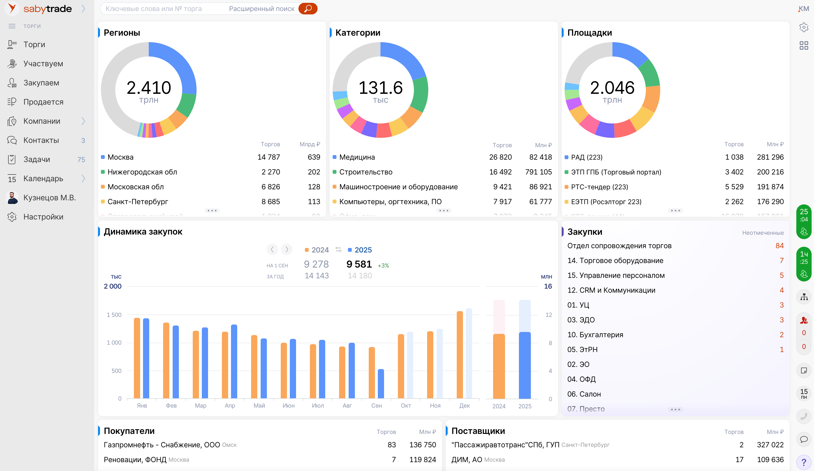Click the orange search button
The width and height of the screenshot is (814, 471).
[x=308, y=9]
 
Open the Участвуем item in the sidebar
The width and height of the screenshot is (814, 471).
[x=43, y=64]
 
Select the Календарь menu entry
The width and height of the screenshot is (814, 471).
[x=43, y=179]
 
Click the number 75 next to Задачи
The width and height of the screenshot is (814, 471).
[x=81, y=159]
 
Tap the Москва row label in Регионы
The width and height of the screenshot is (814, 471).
[x=120, y=157]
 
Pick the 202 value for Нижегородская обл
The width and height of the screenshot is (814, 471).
[x=314, y=172]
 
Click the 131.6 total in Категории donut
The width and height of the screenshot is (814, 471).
[x=380, y=88]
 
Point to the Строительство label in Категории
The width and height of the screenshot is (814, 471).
[x=366, y=172]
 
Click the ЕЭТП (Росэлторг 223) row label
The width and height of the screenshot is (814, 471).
[x=606, y=202]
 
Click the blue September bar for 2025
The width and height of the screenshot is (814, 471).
[x=381, y=384]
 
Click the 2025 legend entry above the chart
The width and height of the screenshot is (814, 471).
[x=363, y=250]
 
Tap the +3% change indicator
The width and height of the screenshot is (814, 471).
[x=383, y=265]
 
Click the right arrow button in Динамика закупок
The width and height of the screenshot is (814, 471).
[x=286, y=249]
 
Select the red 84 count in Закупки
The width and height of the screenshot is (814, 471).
[x=779, y=246]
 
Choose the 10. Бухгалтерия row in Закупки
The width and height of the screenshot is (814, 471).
[x=595, y=335]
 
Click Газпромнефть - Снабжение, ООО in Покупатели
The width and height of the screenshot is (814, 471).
[x=161, y=445]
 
